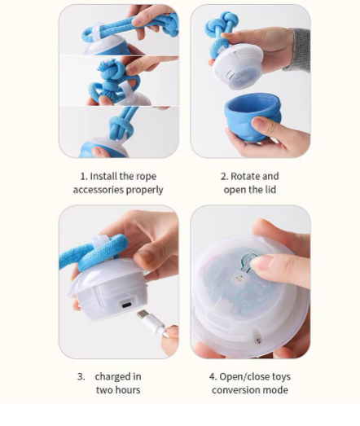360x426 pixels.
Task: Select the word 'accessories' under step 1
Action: pyautogui.click(x=99, y=190)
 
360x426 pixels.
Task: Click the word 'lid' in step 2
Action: pyautogui.click(x=268, y=190)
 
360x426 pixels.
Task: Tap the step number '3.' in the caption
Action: pyautogui.click(x=81, y=376)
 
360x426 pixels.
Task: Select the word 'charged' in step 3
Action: pyautogui.click(x=118, y=376)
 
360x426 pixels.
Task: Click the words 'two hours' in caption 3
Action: pyautogui.click(x=118, y=390)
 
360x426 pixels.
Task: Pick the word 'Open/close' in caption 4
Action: pyautogui.click(x=243, y=376)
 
